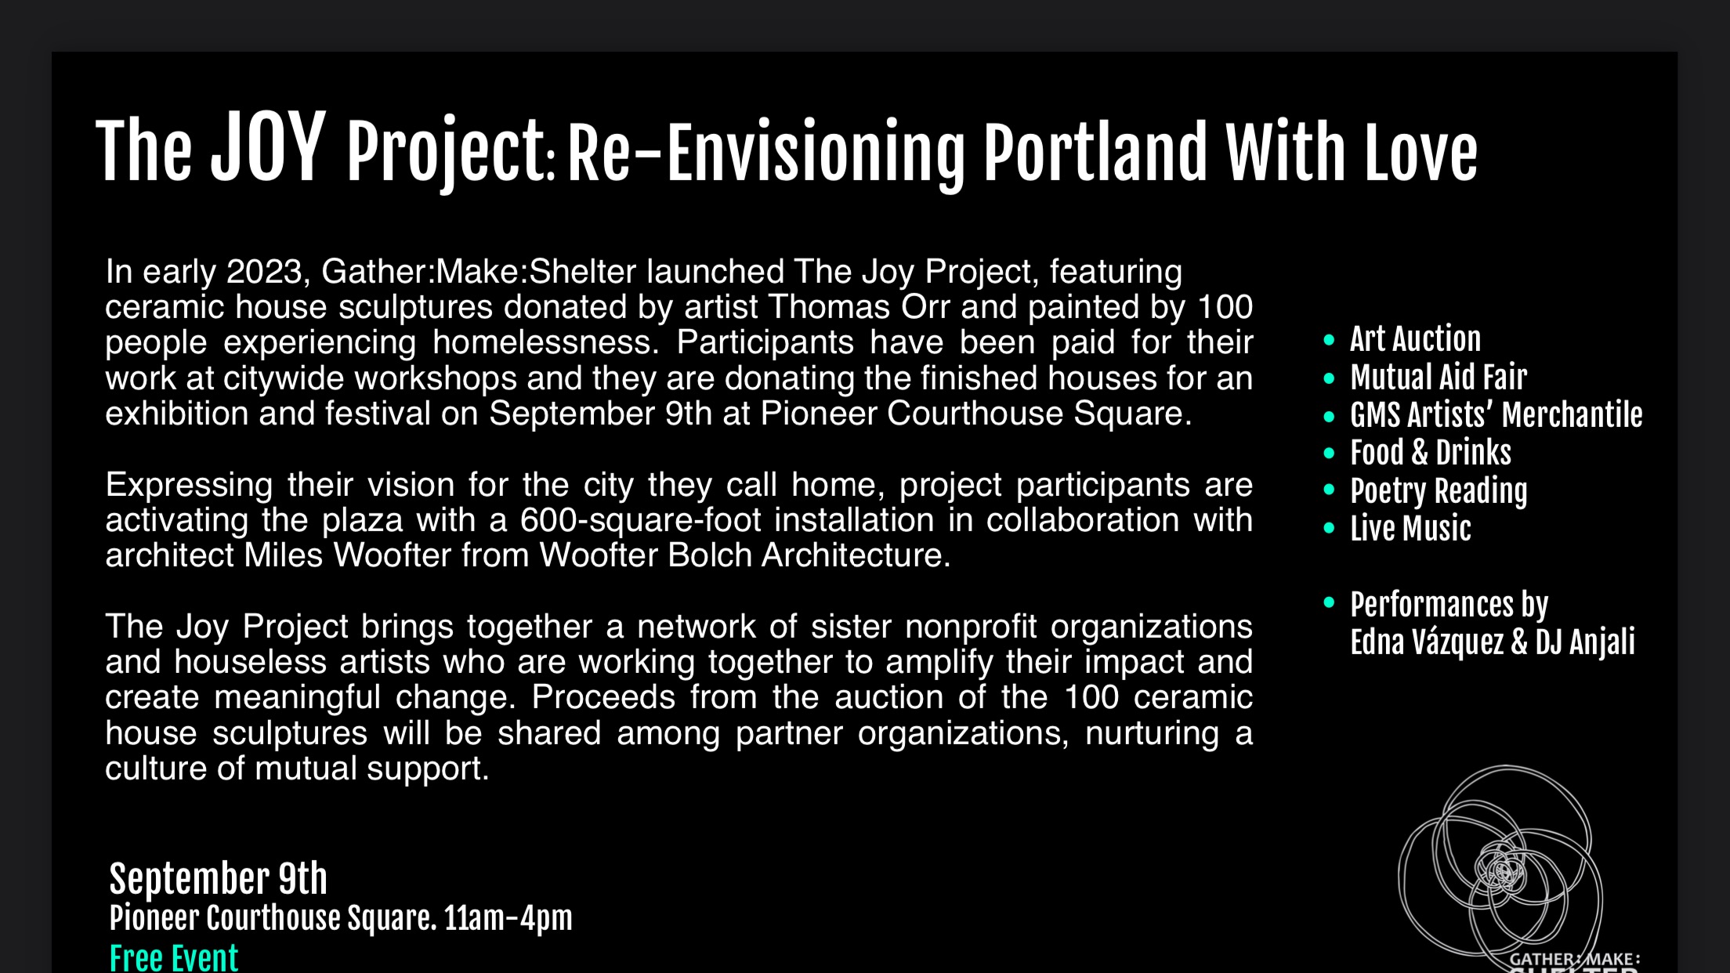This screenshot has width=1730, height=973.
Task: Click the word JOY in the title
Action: (x=268, y=147)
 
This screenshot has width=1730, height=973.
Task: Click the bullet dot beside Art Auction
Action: (x=1329, y=340)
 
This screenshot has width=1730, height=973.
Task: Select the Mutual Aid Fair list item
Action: (x=1439, y=378)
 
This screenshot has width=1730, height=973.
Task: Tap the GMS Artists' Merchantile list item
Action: (x=1497, y=415)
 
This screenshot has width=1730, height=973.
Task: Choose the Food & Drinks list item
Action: (x=1431, y=453)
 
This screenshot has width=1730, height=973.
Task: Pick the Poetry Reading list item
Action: (x=1439, y=491)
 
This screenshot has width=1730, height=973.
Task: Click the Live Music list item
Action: (x=1410, y=529)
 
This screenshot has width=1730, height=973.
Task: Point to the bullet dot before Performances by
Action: (x=1329, y=602)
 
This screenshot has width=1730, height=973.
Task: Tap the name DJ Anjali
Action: (x=1585, y=642)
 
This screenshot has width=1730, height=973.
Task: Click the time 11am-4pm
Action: (x=509, y=918)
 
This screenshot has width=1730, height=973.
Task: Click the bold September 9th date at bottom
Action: (x=219, y=879)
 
